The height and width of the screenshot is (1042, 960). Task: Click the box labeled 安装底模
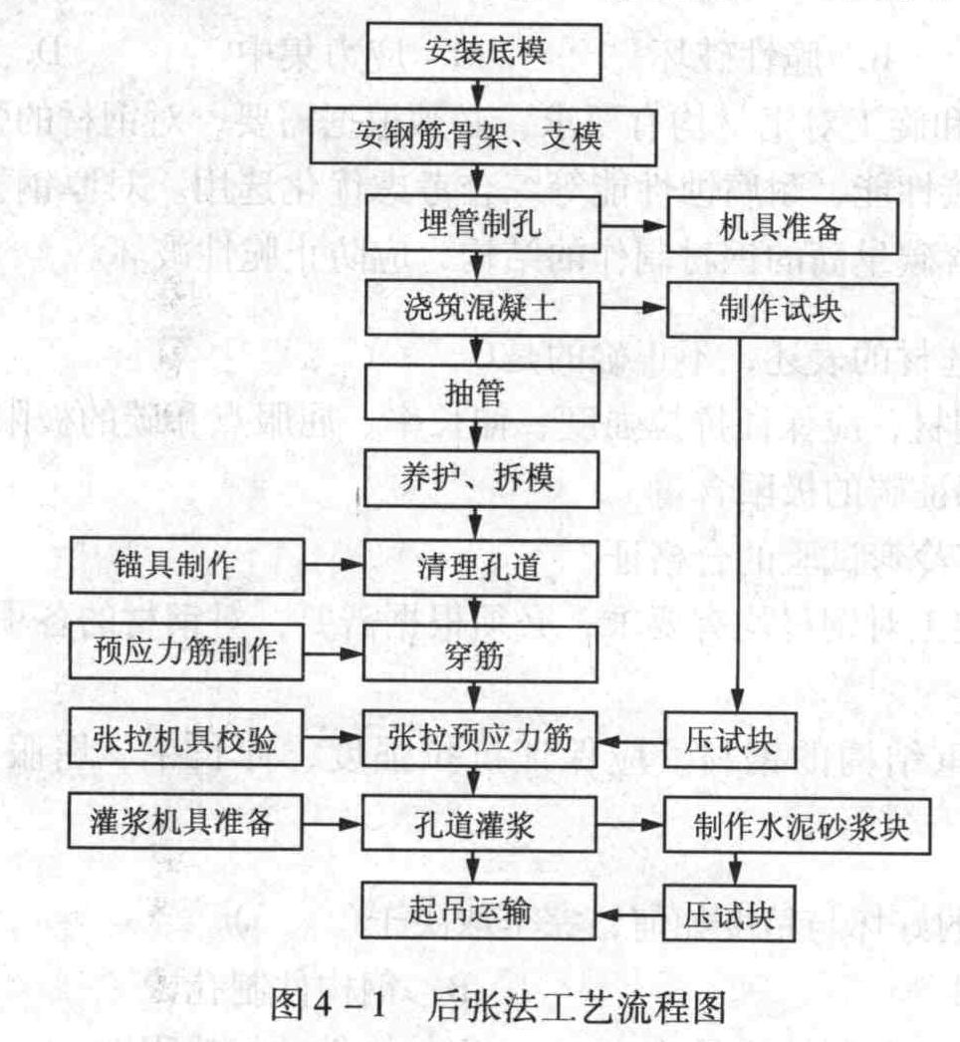click(x=484, y=51)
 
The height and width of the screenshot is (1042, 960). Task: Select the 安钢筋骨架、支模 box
click(x=483, y=136)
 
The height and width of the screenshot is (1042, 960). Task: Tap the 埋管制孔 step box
click(x=483, y=223)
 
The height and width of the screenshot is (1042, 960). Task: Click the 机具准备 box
click(x=783, y=226)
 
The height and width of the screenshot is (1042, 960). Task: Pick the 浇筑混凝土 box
click(x=482, y=308)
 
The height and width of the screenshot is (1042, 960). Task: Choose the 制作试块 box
click(x=783, y=310)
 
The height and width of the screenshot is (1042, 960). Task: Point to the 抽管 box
click(x=482, y=392)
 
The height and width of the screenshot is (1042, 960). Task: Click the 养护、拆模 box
click(x=481, y=478)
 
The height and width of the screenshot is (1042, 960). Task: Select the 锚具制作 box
click(x=187, y=566)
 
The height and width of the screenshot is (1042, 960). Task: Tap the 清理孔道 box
click(x=480, y=568)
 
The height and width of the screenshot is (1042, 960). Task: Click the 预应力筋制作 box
click(x=186, y=651)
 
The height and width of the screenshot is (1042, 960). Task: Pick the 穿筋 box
click(x=480, y=653)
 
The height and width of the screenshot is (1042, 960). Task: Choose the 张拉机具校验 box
click(x=186, y=737)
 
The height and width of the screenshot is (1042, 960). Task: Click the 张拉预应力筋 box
click(x=480, y=738)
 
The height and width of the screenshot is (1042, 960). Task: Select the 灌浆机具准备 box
click(x=185, y=822)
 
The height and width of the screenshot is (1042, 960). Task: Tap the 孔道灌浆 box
click(x=479, y=824)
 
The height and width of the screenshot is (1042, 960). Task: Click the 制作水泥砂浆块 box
click(x=798, y=826)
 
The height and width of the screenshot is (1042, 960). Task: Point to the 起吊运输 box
click(x=478, y=911)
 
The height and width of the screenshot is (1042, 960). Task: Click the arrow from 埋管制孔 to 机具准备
click(x=633, y=226)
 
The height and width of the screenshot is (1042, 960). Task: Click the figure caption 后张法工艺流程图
click(x=577, y=1005)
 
